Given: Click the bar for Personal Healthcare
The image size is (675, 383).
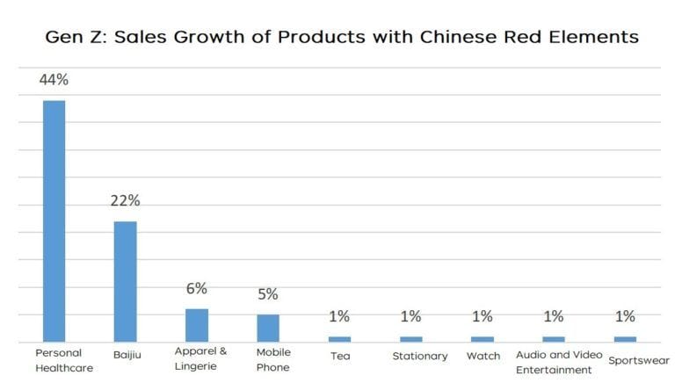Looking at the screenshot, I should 54,220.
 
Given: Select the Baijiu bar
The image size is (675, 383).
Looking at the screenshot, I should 125,281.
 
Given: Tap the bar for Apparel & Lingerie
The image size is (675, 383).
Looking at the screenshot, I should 196,324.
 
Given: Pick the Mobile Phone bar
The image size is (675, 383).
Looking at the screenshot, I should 268,328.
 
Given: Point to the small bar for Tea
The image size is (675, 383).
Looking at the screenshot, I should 339,338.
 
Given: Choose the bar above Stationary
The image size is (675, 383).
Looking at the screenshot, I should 410,338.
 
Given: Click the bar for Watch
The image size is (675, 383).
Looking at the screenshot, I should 483,338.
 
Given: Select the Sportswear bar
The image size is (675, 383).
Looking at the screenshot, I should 625,338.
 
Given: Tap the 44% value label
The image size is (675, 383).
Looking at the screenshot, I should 54,80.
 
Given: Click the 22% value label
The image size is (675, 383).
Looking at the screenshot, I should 125,200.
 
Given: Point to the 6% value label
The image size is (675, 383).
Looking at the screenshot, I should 196,288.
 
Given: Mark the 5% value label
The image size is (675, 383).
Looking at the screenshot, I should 268,294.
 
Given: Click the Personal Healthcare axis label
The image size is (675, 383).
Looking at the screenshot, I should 63,360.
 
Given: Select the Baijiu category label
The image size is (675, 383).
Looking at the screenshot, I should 126,356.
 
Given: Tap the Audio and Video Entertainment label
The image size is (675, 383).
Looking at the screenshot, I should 554,361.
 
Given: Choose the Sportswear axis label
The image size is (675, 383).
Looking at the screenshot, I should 639,360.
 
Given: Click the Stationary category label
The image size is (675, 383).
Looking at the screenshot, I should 419,356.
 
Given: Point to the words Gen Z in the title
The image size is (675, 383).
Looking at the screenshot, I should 66,38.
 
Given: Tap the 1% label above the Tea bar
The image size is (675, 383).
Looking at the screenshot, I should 339,317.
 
